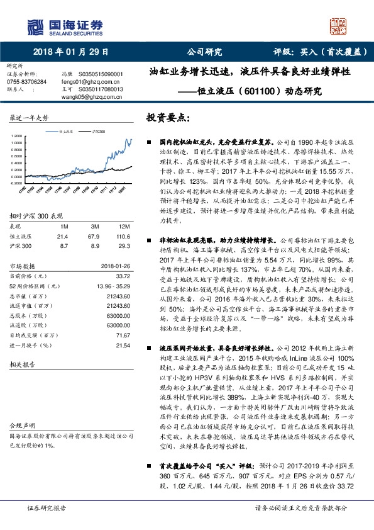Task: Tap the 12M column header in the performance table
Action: coord(123,226)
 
